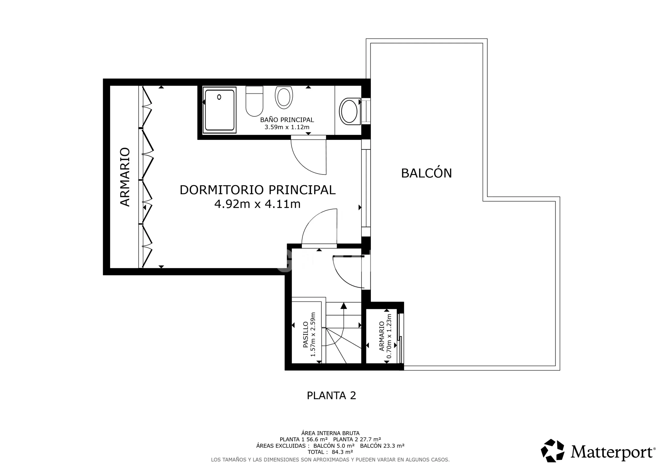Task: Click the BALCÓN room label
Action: (426, 173)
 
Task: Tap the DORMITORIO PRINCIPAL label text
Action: (258, 190)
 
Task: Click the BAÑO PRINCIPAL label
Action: (287, 119)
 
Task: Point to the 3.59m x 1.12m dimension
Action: (287, 127)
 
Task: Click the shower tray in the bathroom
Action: (219, 110)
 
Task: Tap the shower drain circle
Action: (219, 97)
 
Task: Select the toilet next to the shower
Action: (254, 101)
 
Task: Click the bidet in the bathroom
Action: (284, 97)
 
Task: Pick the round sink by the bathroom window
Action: (349, 111)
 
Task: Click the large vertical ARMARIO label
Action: (125, 177)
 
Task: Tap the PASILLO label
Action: (306, 334)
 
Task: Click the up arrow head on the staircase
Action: (344, 305)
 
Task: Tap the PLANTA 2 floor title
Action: (331, 395)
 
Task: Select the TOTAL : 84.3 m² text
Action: (330, 452)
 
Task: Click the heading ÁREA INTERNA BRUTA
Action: (330, 433)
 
